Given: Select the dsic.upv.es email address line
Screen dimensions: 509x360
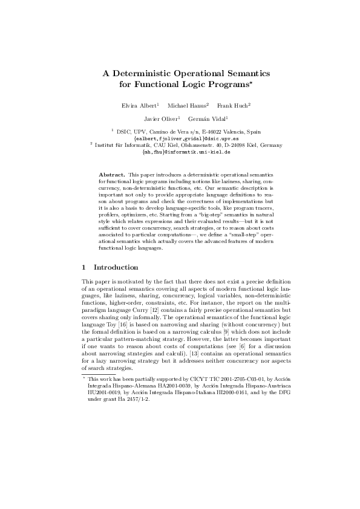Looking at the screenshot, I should [180, 137].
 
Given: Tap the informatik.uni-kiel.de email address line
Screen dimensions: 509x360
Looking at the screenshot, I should [180, 152].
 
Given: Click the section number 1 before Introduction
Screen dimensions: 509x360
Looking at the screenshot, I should [83, 267].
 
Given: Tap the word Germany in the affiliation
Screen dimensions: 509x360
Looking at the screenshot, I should [264, 145].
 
